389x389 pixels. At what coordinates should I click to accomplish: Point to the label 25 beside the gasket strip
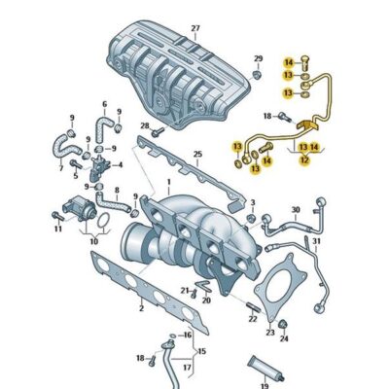pos(197,155)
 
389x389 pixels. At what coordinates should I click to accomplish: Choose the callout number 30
pos(296,208)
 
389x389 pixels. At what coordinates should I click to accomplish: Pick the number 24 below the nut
pos(284,339)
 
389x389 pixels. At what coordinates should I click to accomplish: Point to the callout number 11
pos(57,230)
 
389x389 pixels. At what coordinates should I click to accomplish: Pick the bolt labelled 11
pos(57,217)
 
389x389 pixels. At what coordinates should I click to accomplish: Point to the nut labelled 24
pos(283,325)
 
